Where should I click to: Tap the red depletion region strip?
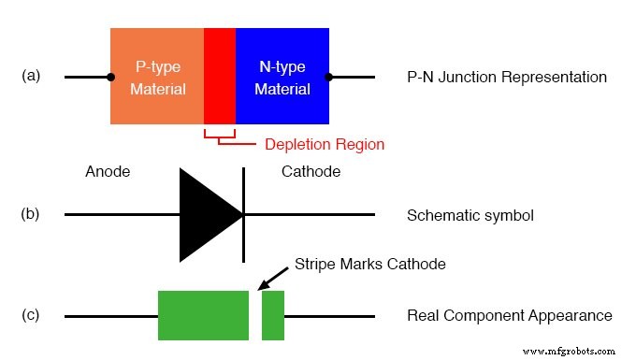tap(220, 77)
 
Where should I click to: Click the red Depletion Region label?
tap(325, 145)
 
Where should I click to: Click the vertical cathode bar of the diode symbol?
tap(244, 215)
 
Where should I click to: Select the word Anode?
tap(108, 172)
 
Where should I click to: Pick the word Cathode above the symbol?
tap(311, 172)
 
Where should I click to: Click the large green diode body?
tap(203, 315)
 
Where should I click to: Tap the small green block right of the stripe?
tap(273, 315)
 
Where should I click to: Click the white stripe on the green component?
tap(255, 315)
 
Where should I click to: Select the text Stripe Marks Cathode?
tap(369, 265)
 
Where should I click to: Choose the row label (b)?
tap(31, 214)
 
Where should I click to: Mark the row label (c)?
tap(31, 315)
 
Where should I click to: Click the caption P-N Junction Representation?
tap(507, 77)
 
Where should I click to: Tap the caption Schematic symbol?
tap(470, 216)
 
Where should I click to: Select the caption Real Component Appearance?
tap(510, 316)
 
